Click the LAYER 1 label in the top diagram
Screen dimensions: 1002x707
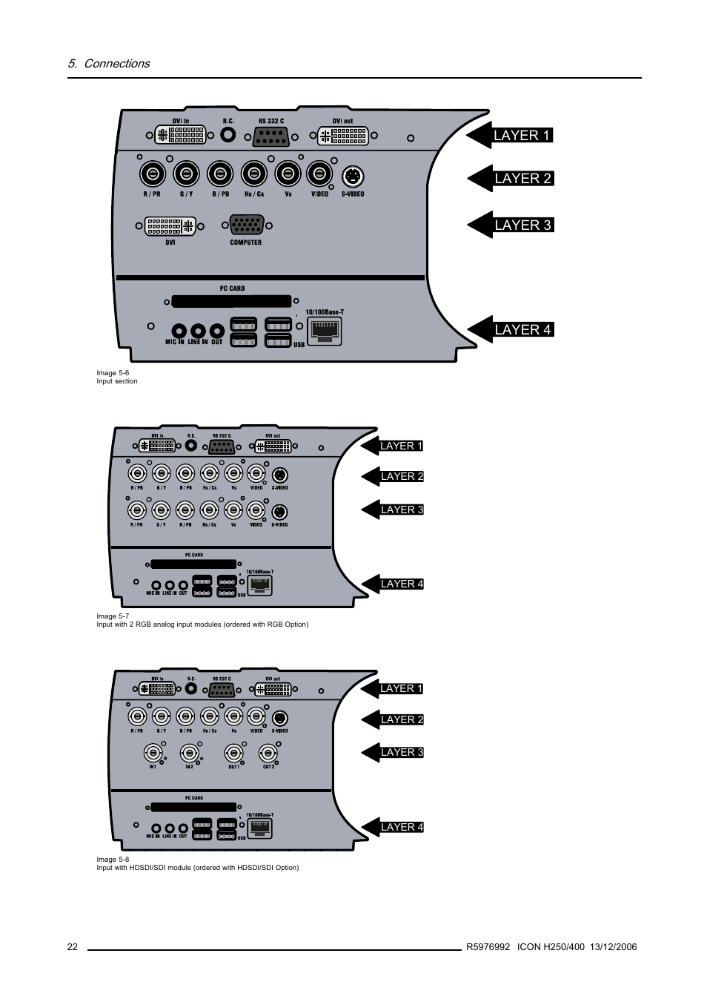pos(522,135)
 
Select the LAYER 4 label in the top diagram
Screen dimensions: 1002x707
pos(522,329)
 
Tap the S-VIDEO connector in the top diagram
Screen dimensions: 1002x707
pos(353,177)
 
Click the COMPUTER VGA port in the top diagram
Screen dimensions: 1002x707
pos(246,225)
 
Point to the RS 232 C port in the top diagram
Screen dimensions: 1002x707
pos(271,136)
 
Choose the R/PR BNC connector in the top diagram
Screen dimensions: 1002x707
pos(153,174)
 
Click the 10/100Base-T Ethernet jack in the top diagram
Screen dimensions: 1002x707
pos(324,332)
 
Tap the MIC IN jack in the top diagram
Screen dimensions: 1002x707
pos(178,331)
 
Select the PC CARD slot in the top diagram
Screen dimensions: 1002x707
pos(232,301)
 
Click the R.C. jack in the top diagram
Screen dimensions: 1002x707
pos(228,135)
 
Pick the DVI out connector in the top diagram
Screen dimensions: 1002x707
pos(342,136)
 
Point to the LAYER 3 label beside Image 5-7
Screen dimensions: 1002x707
pos(402,510)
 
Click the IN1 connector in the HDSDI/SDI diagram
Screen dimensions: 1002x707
pos(153,753)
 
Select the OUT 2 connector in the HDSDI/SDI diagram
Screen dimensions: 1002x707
pos(268,753)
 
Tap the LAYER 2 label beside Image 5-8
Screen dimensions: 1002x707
pos(402,719)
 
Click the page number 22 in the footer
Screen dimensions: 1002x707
pos(72,947)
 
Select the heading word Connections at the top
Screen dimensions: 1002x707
pos(116,64)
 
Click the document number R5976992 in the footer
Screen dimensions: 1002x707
pos(488,947)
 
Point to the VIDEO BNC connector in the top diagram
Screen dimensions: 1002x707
pos(319,174)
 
